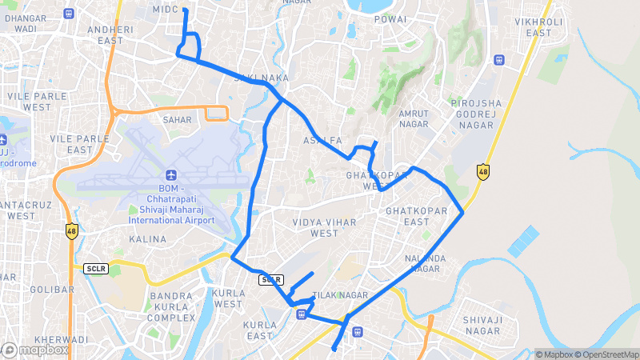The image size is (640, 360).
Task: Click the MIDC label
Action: click(x=164, y=8)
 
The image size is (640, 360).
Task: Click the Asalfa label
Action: click(x=322, y=140)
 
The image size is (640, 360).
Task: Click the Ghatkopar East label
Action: click(x=408, y=216)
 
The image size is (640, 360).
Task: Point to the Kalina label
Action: click(x=148, y=239)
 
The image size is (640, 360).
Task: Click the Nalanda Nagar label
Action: click(x=425, y=263)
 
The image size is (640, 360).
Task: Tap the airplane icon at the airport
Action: click(x=170, y=175)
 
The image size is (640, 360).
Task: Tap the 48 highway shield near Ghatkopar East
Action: click(x=482, y=170)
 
